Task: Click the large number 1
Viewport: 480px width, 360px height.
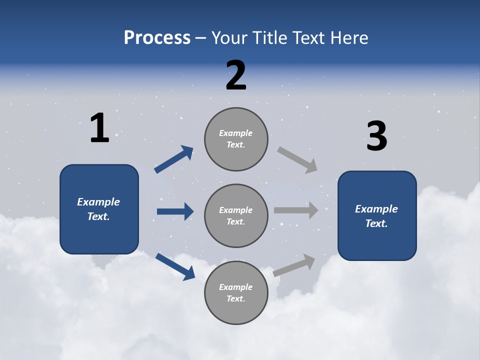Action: coord(99,128)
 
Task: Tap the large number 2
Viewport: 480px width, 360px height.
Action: coord(236,75)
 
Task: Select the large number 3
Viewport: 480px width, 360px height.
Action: coord(376,136)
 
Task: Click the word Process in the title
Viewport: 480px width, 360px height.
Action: coord(157,37)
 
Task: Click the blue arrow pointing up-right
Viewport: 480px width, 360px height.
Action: coord(174,159)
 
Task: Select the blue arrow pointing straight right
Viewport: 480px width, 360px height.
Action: coord(175,211)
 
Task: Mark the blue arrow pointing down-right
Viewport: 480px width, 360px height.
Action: coord(175,266)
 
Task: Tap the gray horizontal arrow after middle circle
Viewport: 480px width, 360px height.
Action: coord(296,210)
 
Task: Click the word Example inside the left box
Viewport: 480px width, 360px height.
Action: coord(98,202)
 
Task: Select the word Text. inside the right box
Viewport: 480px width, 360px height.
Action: coord(376,223)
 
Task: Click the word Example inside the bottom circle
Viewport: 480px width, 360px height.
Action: coord(235,287)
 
